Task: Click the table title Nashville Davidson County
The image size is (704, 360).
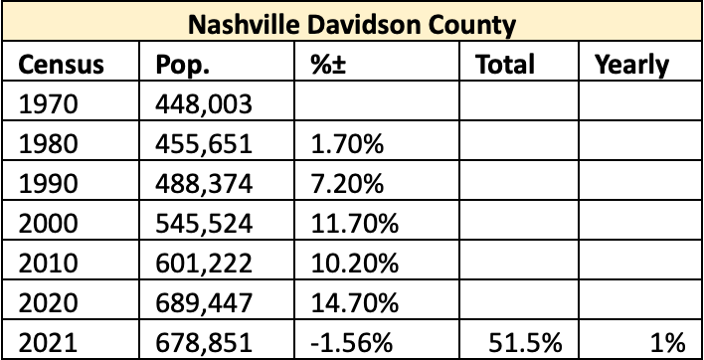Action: (x=352, y=25)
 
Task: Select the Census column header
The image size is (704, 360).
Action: (x=61, y=65)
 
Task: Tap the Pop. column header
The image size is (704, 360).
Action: (x=182, y=66)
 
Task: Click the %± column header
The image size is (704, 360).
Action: (x=328, y=65)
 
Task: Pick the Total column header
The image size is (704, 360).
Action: (x=505, y=65)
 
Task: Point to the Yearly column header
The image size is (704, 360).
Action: (x=631, y=66)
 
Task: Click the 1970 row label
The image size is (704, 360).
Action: (x=48, y=104)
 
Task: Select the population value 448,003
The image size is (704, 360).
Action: (x=204, y=105)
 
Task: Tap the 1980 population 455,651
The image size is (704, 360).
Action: (x=204, y=145)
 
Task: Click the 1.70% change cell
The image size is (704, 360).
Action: (x=347, y=144)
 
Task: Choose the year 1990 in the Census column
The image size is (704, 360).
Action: (x=48, y=184)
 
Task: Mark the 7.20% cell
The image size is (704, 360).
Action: (x=347, y=184)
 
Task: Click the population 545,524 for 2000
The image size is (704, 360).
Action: (x=204, y=224)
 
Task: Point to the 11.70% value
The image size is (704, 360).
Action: (x=355, y=223)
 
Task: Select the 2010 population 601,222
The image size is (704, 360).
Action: (x=204, y=264)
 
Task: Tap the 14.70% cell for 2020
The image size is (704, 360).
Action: (x=355, y=302)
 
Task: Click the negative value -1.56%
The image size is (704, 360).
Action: (x=352, y=342)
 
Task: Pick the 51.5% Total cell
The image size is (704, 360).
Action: (x=525, y=342)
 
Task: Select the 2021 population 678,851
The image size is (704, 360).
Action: (x=204, y=343)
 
